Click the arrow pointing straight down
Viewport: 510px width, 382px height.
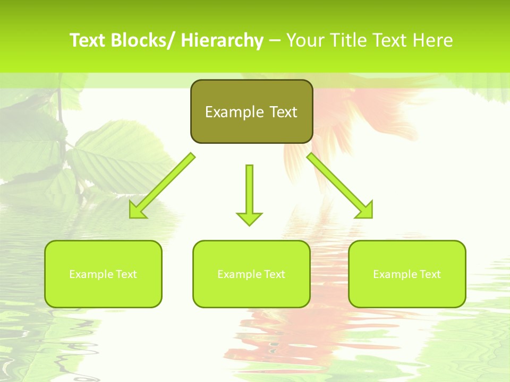[x=249, y=194]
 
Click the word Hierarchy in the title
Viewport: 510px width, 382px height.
[x=222, y=40]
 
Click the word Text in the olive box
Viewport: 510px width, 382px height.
[x=282, y=112]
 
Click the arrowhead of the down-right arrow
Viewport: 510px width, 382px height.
[x=365, y=210]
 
